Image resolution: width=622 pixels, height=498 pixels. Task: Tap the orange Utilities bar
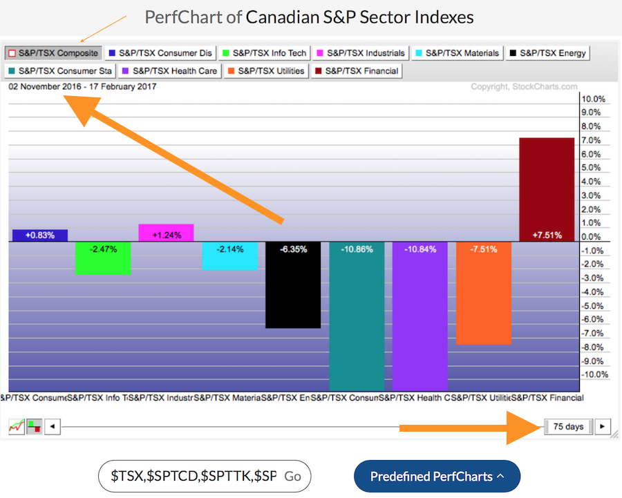tap(483, 293)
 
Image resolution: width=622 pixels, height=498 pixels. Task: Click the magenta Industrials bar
tap(166, 233)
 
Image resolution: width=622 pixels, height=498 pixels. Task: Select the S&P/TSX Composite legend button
tap(54, 52)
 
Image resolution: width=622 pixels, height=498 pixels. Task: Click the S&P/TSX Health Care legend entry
tap(169, 70)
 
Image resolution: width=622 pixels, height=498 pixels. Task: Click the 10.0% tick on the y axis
tap(593, 99)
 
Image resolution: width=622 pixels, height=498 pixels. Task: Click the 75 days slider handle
tap(568, 426)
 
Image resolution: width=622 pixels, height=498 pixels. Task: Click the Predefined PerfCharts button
tap(437, 477)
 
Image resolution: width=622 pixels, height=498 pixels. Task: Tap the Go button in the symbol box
tap(292, 477)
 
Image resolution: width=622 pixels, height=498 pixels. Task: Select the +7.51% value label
tap(546, 235)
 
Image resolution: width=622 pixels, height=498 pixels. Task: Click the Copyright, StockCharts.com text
tap(523, 87)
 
